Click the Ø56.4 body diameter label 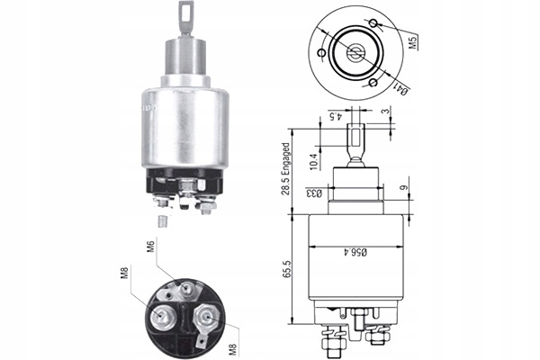coord(356,255)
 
